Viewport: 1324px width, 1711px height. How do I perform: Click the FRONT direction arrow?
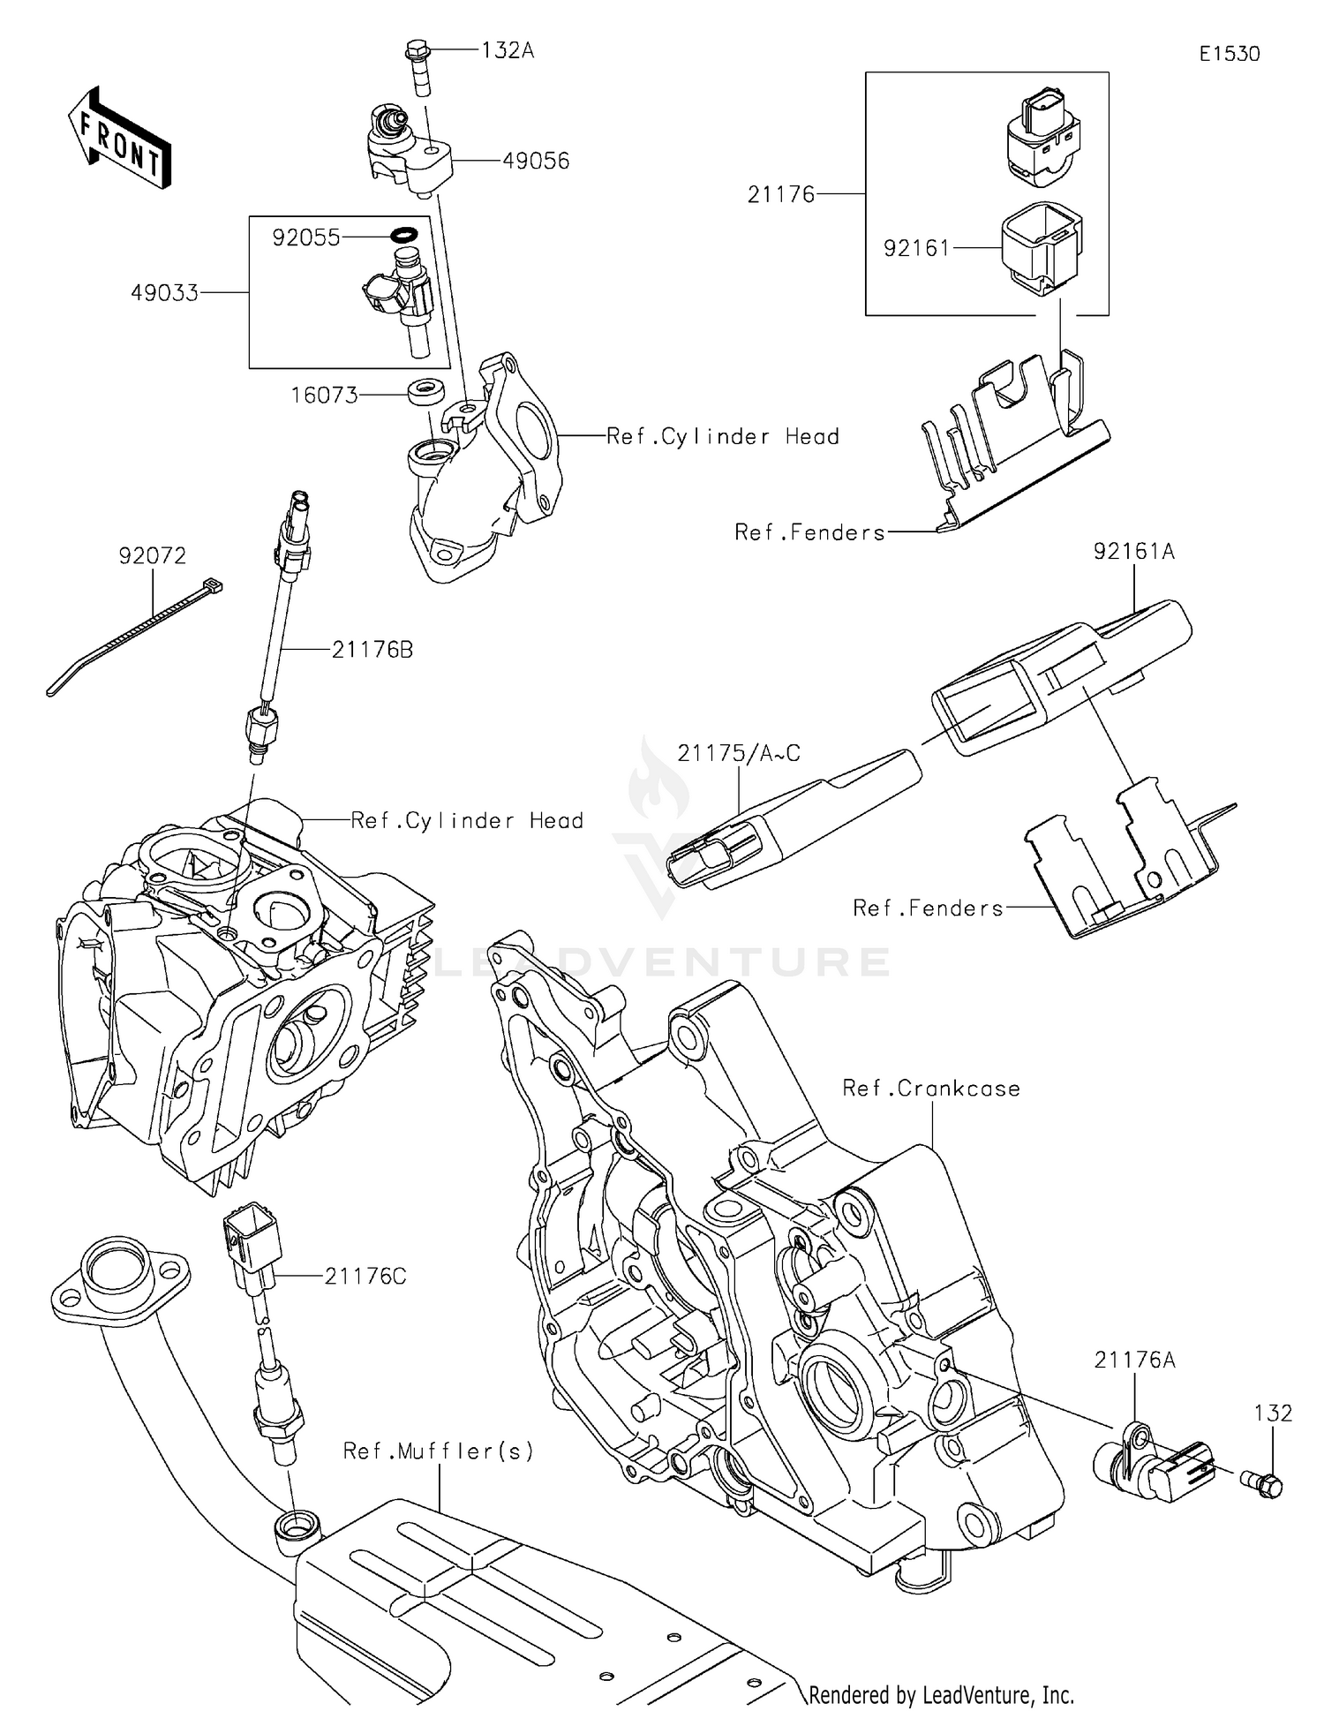click(x=118, y=139)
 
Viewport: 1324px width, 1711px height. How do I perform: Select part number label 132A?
click(x=508, y=50)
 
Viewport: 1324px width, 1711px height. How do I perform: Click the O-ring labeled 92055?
click(x=403, y=235)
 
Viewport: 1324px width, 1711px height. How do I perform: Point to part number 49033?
click(x=165, y=292)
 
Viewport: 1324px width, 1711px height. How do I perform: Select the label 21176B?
click(x=372, y=650)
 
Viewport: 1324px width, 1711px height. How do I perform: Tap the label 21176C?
click(x=365, y=1276)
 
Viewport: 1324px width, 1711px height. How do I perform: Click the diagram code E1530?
click(x=1229, y=54)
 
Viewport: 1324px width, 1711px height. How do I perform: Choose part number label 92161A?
click(x=1133, y=552)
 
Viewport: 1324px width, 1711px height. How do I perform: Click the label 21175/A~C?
click(x=739, y=753)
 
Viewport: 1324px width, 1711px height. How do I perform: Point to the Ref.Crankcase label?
click(x=931, y=1089)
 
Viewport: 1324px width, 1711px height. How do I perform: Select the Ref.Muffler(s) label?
click(x=439, y=1451)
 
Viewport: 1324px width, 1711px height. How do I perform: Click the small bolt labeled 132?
click(x=1262, y=1487)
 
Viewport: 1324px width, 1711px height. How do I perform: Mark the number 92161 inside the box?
click(x=916, y=249)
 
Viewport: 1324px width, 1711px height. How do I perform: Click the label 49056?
click(x=536, y=161)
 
